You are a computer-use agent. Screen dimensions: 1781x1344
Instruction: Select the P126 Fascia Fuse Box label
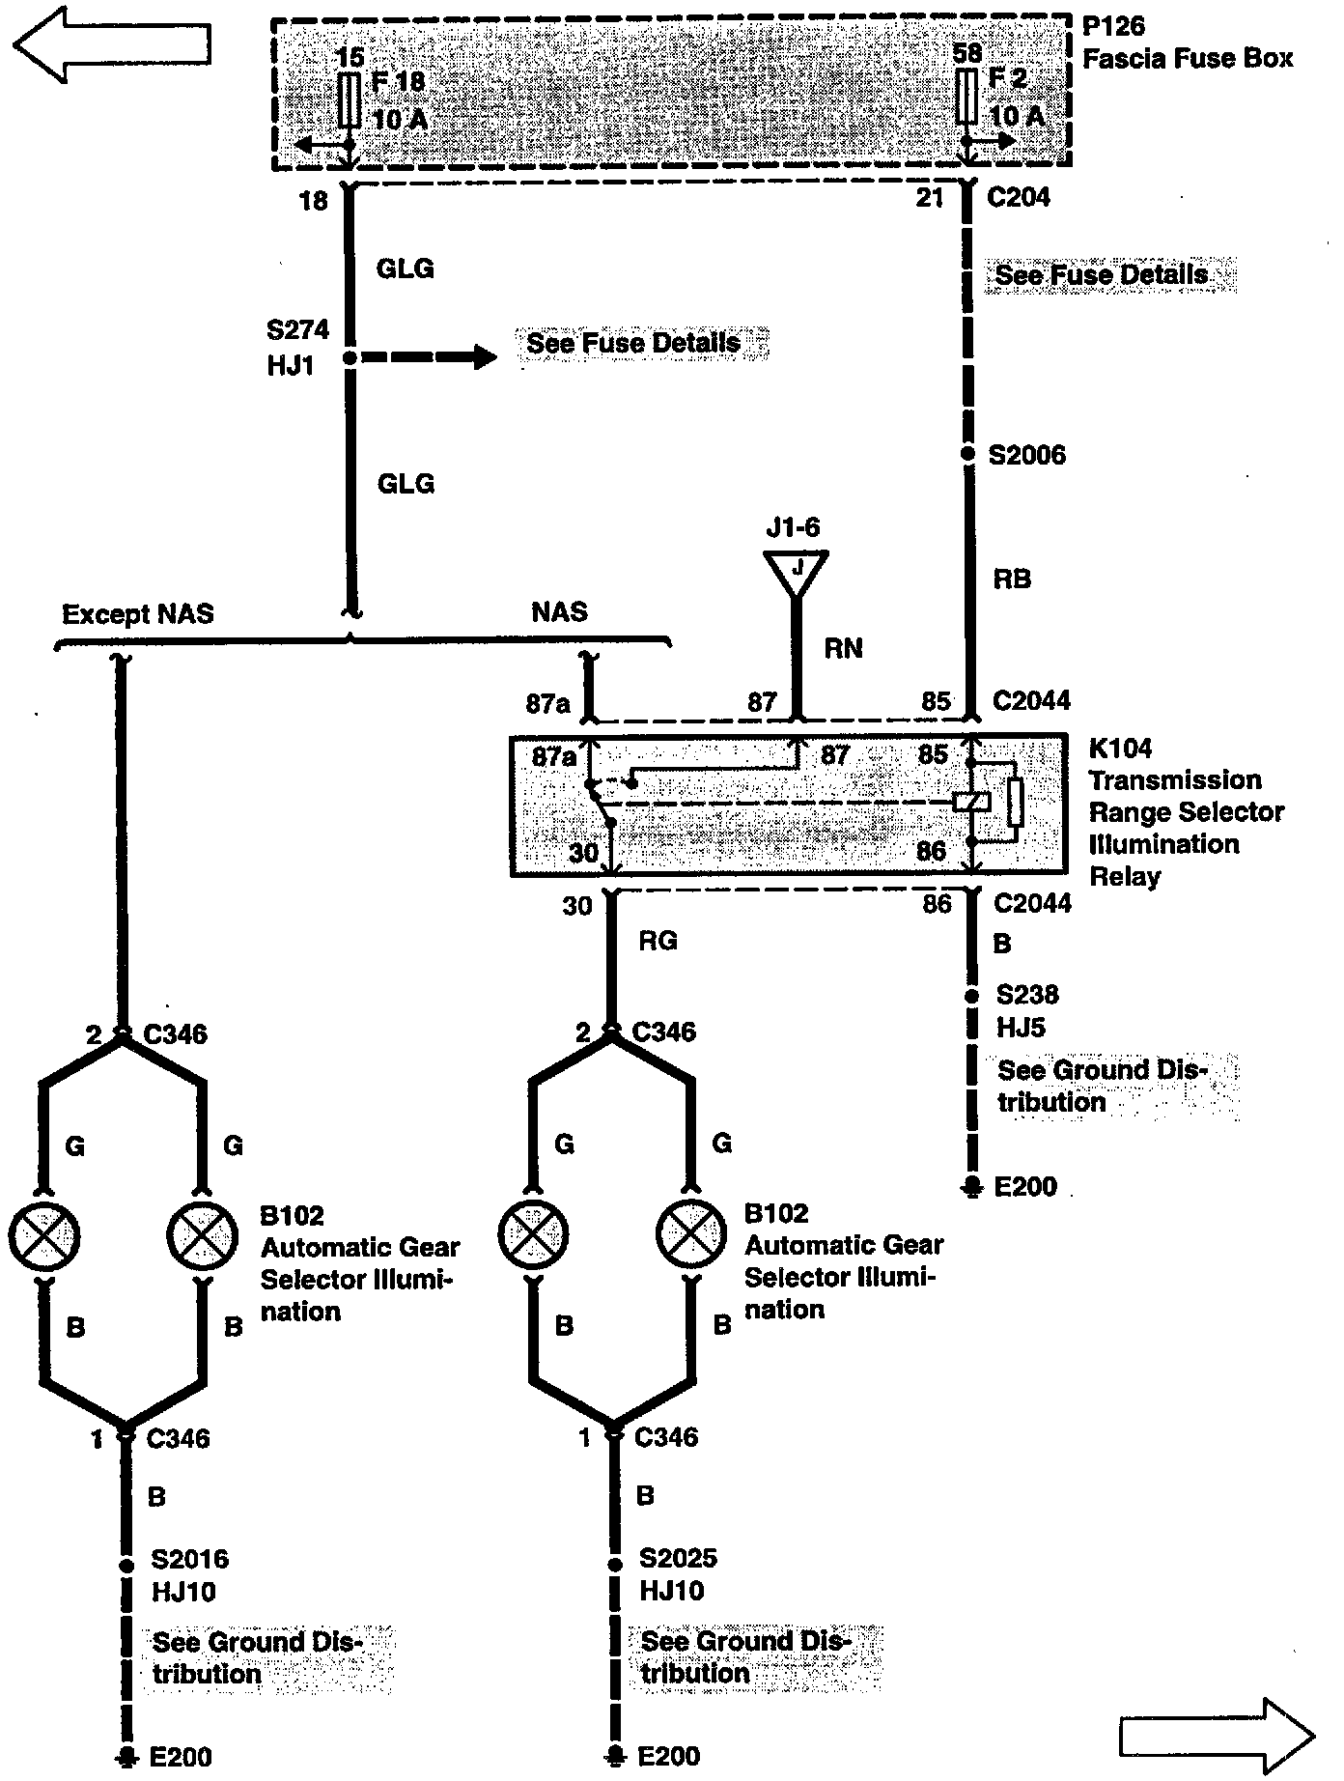click(x=1187, y=43)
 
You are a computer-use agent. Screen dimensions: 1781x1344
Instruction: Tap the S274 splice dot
click(x=350, y=357)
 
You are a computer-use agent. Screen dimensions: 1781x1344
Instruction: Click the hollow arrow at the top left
click(x=112, y=42)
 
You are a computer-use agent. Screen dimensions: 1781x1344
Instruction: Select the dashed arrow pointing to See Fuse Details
click(x=430, y=357)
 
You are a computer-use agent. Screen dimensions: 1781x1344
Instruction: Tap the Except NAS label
click(x=138, y=614)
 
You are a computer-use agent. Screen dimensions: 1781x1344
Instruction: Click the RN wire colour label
click(x=843, y=648)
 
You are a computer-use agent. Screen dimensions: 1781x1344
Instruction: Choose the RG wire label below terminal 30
click(x=658, y=940)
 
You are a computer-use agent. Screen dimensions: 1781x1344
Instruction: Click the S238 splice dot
click(x=971, y=995)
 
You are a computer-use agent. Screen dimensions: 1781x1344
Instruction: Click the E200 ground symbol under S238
click(x=972, y=1186)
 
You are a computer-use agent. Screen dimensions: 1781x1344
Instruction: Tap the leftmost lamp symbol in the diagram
click(x=43, y=1235)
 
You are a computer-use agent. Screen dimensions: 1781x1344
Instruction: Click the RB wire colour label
click(x=1011, y=579)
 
